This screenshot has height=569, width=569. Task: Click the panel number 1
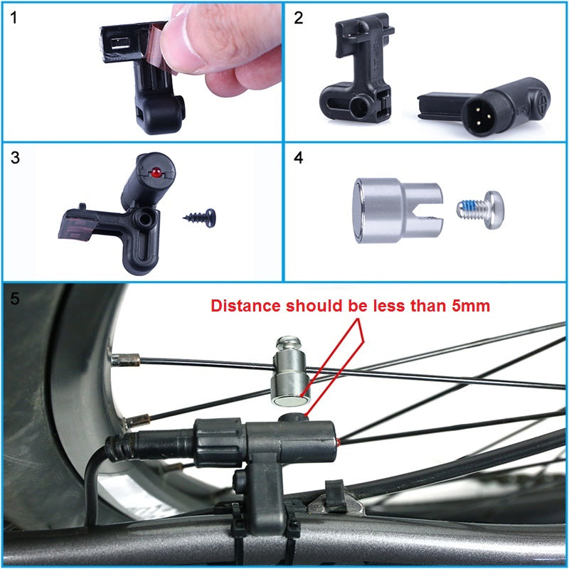click(x=15, y=18)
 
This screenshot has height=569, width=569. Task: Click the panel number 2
click(x=299, y=18)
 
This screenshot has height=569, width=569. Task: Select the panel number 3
click(x=15, y=158)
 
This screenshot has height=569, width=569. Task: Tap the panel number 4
click(x=299, y=158)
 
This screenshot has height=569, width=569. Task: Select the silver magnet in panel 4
click(x=384, y=210)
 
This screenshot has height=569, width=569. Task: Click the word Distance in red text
click(x=245, y=307)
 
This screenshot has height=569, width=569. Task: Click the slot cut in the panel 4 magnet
click(x=431, y=211)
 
